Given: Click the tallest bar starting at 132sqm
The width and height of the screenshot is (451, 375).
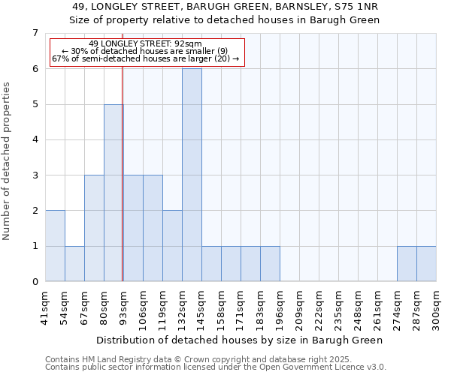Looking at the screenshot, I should click(192, 175).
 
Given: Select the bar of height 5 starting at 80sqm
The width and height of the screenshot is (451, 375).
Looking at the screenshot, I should click(114, 193).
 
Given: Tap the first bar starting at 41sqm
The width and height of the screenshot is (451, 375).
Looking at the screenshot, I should click(55, 246).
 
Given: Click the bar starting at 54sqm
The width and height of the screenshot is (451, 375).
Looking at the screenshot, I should click(74, 264).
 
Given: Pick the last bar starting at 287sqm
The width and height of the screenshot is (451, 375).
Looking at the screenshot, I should click(426, 264).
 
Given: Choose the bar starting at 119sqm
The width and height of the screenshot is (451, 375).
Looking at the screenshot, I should click(172, 246).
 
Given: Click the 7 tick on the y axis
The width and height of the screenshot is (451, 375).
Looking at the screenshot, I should click(35, 33).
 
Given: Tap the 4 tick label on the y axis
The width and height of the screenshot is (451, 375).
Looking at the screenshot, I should click(35, 139).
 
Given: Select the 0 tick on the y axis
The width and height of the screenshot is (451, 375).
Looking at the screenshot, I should click(35, 282).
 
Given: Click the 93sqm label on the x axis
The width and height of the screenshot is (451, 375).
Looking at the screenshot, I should click(123, 307).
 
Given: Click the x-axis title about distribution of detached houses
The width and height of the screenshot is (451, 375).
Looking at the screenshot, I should click(241, 340).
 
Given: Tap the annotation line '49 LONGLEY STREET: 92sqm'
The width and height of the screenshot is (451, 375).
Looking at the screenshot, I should click(145, 44).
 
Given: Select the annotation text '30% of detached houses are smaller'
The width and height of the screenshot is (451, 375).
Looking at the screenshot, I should click(145, 51).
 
